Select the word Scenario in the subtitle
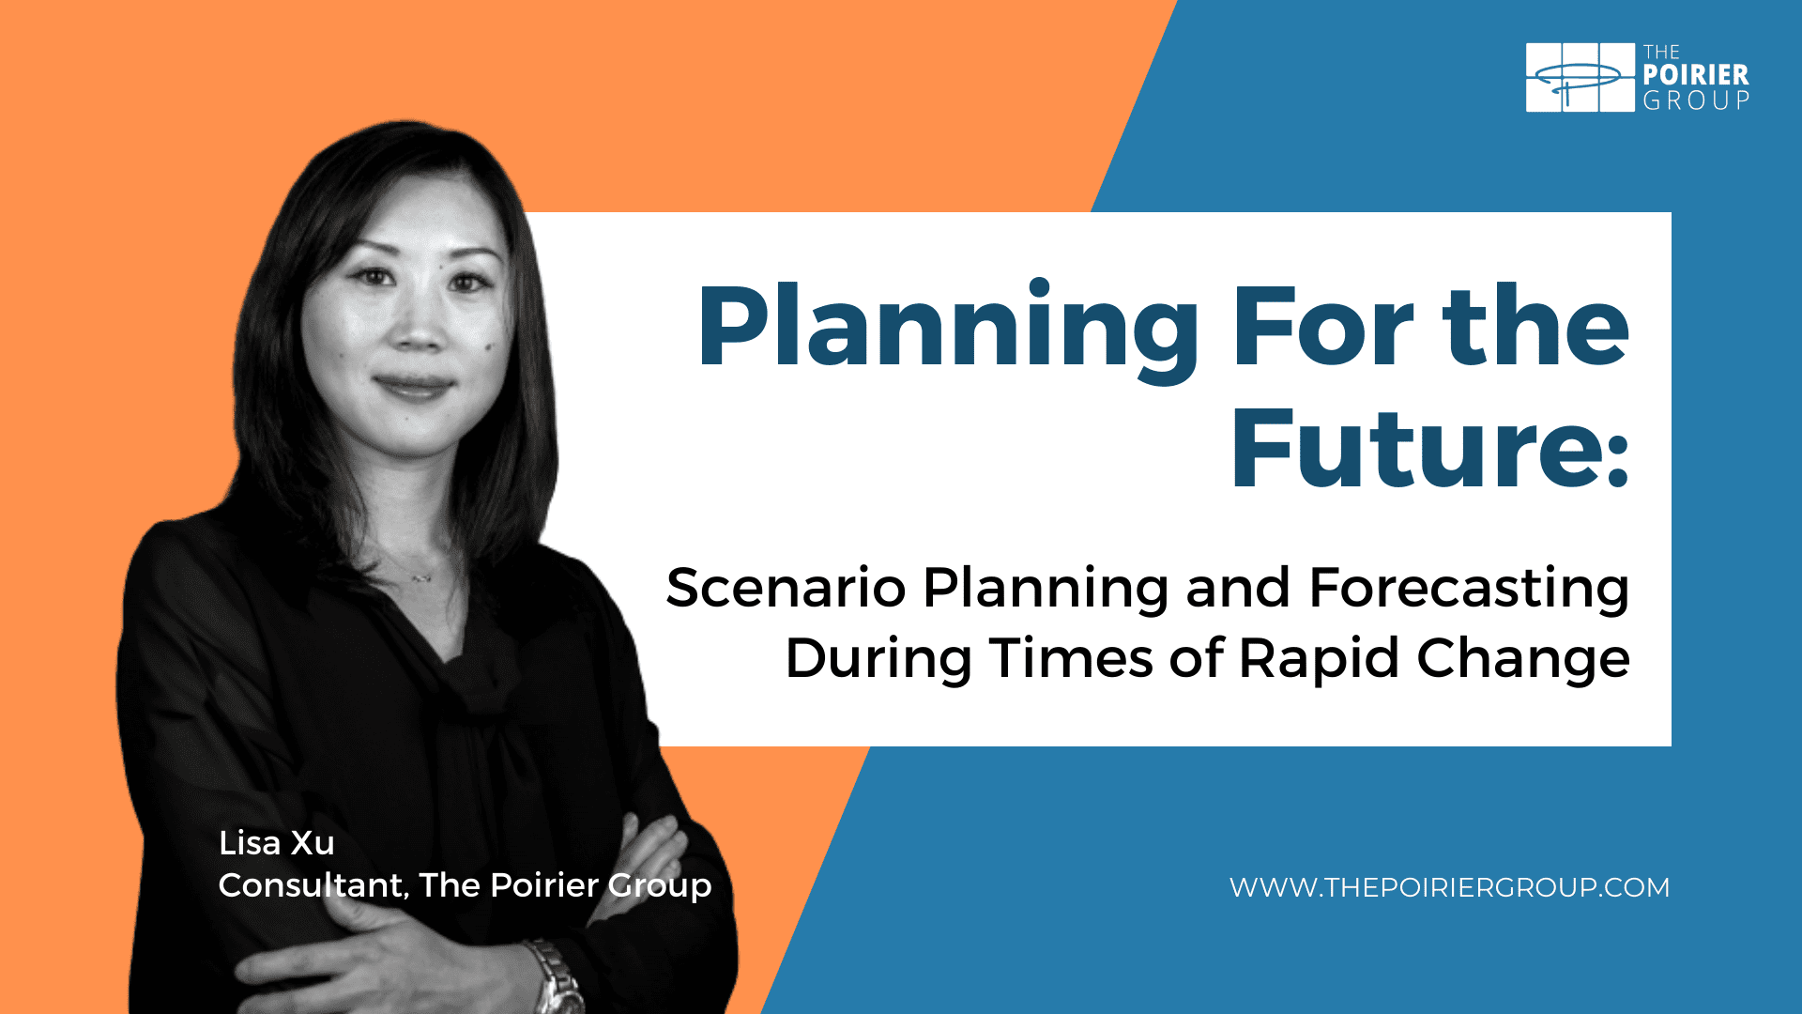click(786, 588)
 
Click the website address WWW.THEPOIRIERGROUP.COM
click(1450, 887)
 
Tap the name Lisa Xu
click(277, 843)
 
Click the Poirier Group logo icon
click(1581, 77)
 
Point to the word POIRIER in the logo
click(1696, 75)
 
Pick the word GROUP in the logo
click(1696, 100)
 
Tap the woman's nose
click(415, 325)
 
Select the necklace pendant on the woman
click(422, 576)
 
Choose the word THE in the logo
click(1661, 53)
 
